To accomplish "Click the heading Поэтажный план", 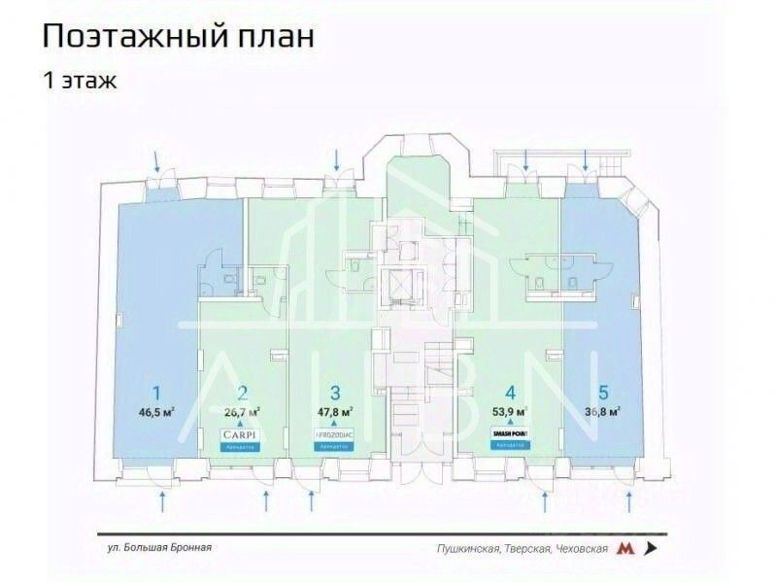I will pyautogui.click(x=178, y=38).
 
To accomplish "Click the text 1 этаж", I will pyautogui.click(x=79, y=81).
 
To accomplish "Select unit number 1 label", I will pyautogui.click(x=155, y=393).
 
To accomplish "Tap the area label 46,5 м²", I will pyautogui.click(x=156, y=411).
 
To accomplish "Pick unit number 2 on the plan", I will pyautogui.click(x=243, y=394).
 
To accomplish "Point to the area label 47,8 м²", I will pyautogui.click(x=334, y=411).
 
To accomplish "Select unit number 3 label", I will pyautogui.click(x=334, y=394).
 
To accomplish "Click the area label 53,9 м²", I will pyautogui.click(x=508, y=411).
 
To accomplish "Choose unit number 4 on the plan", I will pyautogui.click(x=509, y=394).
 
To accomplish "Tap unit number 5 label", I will pyautogui.click(x=603, y=393).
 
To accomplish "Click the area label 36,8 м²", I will pyautogui.click(x=603, y=411).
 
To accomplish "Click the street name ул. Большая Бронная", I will pyautogui.click(x=159, y=547).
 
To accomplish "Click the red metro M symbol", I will pyautogui.click(x=627, y=548).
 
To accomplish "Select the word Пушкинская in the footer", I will pyautogui.click(x=468, y=548).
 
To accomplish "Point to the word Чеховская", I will pyautogui.click(x=581, y=548).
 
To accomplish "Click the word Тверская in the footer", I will pyautogui.click(x=526, y=548).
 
